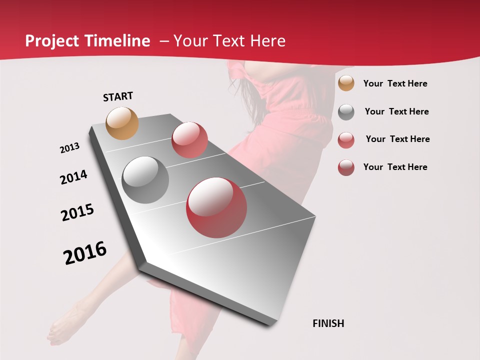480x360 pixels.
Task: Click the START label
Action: tap(118, 96)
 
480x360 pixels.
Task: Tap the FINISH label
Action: tap(328, 323)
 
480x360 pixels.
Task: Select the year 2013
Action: tap(69, 148)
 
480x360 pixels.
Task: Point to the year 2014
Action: tap(73, 177)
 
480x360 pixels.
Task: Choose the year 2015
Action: tap(77, 212)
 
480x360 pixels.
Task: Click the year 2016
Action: tap(85, 253)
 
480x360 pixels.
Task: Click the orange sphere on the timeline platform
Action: tap(122, 123)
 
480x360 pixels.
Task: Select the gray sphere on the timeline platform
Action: tap(145, 180)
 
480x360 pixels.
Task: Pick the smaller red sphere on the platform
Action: tap(189, 140)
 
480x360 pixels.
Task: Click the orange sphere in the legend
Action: tap(346, 83)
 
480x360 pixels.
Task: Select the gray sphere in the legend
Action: tap(346, 112)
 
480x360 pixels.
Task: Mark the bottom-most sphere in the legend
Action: tap(346, 167)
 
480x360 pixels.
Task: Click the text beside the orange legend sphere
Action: tap(395, 83)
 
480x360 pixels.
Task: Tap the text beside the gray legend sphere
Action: tap(396, 111)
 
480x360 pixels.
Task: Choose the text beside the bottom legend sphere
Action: tap(395, 167)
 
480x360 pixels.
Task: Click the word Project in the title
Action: tap(51, 41)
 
